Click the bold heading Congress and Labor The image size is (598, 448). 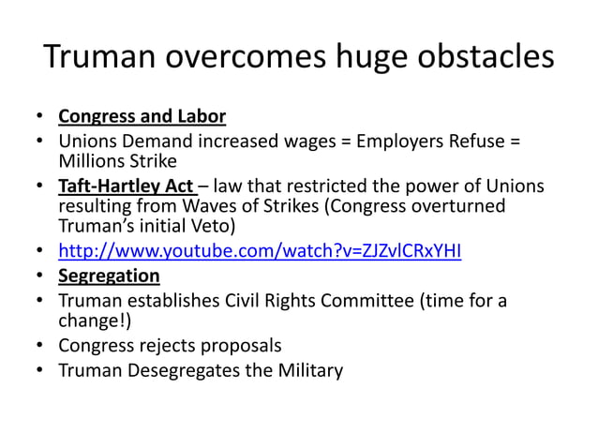tap(142, 117)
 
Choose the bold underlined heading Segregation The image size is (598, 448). tap(109, 276)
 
